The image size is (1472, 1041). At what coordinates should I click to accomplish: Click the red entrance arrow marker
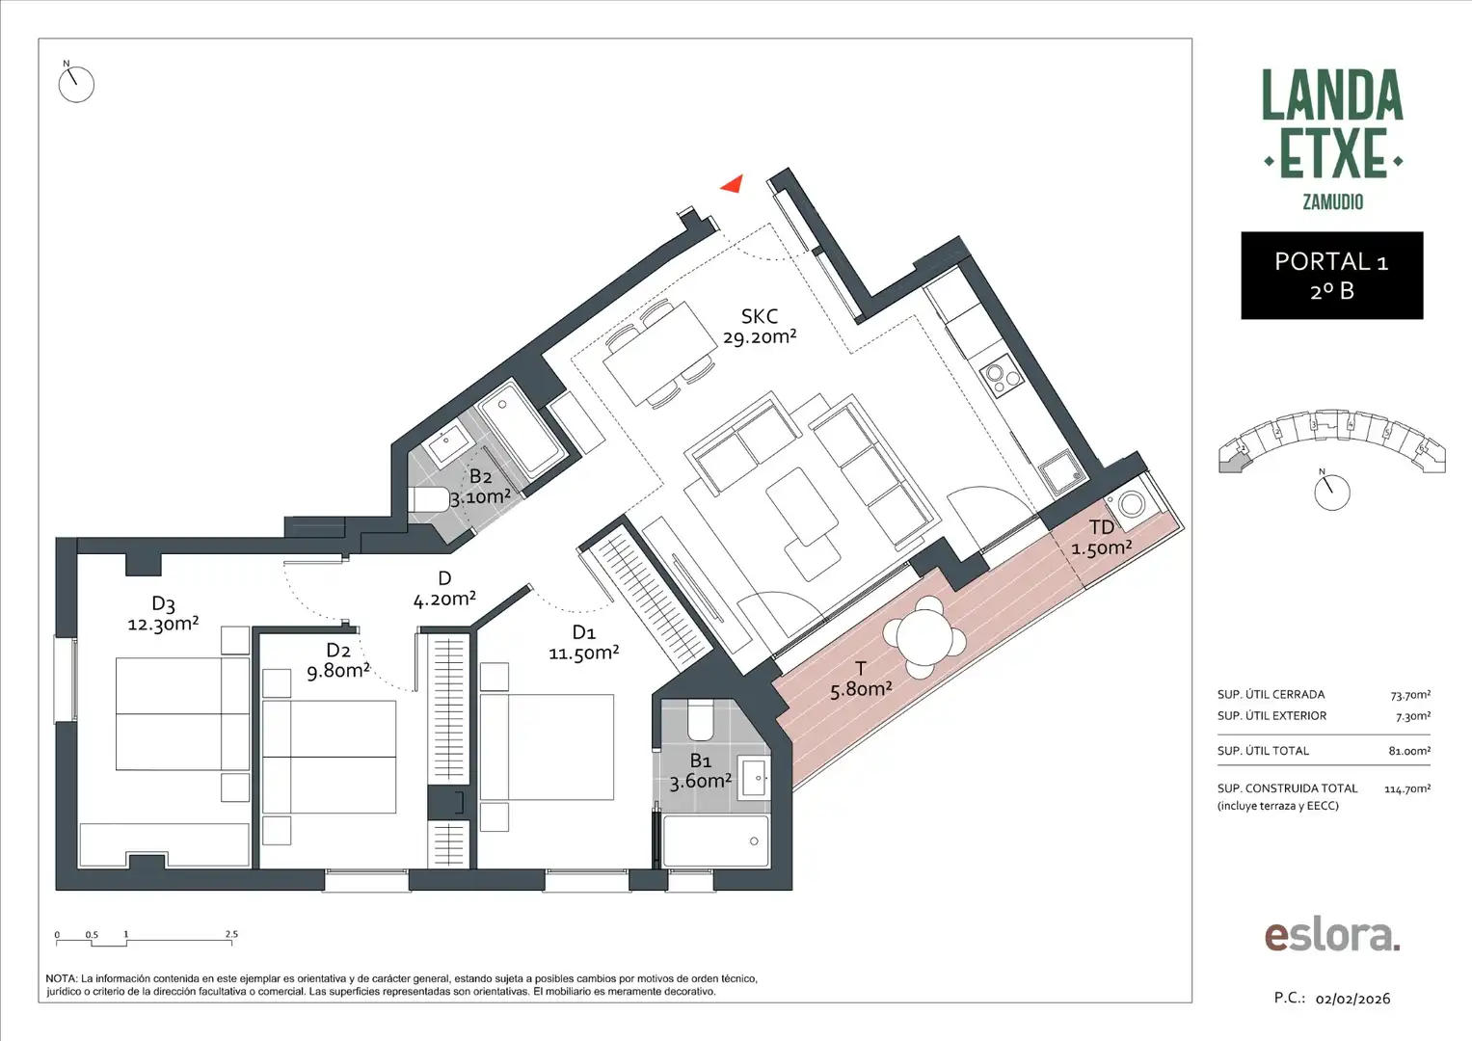[733, 183]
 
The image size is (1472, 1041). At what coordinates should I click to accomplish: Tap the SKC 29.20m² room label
[760, 327]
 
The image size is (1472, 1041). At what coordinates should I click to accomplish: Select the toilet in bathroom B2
[428, 499]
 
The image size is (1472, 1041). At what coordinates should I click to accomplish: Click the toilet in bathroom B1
[700, 719]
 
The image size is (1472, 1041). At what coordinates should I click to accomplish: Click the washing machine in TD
[1129, 503]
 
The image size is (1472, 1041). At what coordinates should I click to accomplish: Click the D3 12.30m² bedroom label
[163, 614]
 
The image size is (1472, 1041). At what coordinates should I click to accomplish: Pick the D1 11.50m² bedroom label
[583, 643]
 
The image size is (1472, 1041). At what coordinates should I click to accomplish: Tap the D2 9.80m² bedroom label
[337, 661]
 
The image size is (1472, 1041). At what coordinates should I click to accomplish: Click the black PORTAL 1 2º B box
[1331, 276]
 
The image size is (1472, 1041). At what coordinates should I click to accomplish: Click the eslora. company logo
[1331, 935]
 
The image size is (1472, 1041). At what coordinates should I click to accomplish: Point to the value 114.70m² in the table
[1406, 788]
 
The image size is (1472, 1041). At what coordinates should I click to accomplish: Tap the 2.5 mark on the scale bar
[231, 934]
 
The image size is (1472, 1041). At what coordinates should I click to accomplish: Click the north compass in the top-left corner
[75, 84]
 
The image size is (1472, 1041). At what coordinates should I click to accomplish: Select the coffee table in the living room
[800, 505]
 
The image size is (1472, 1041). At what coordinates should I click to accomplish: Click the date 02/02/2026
[1352, 999]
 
